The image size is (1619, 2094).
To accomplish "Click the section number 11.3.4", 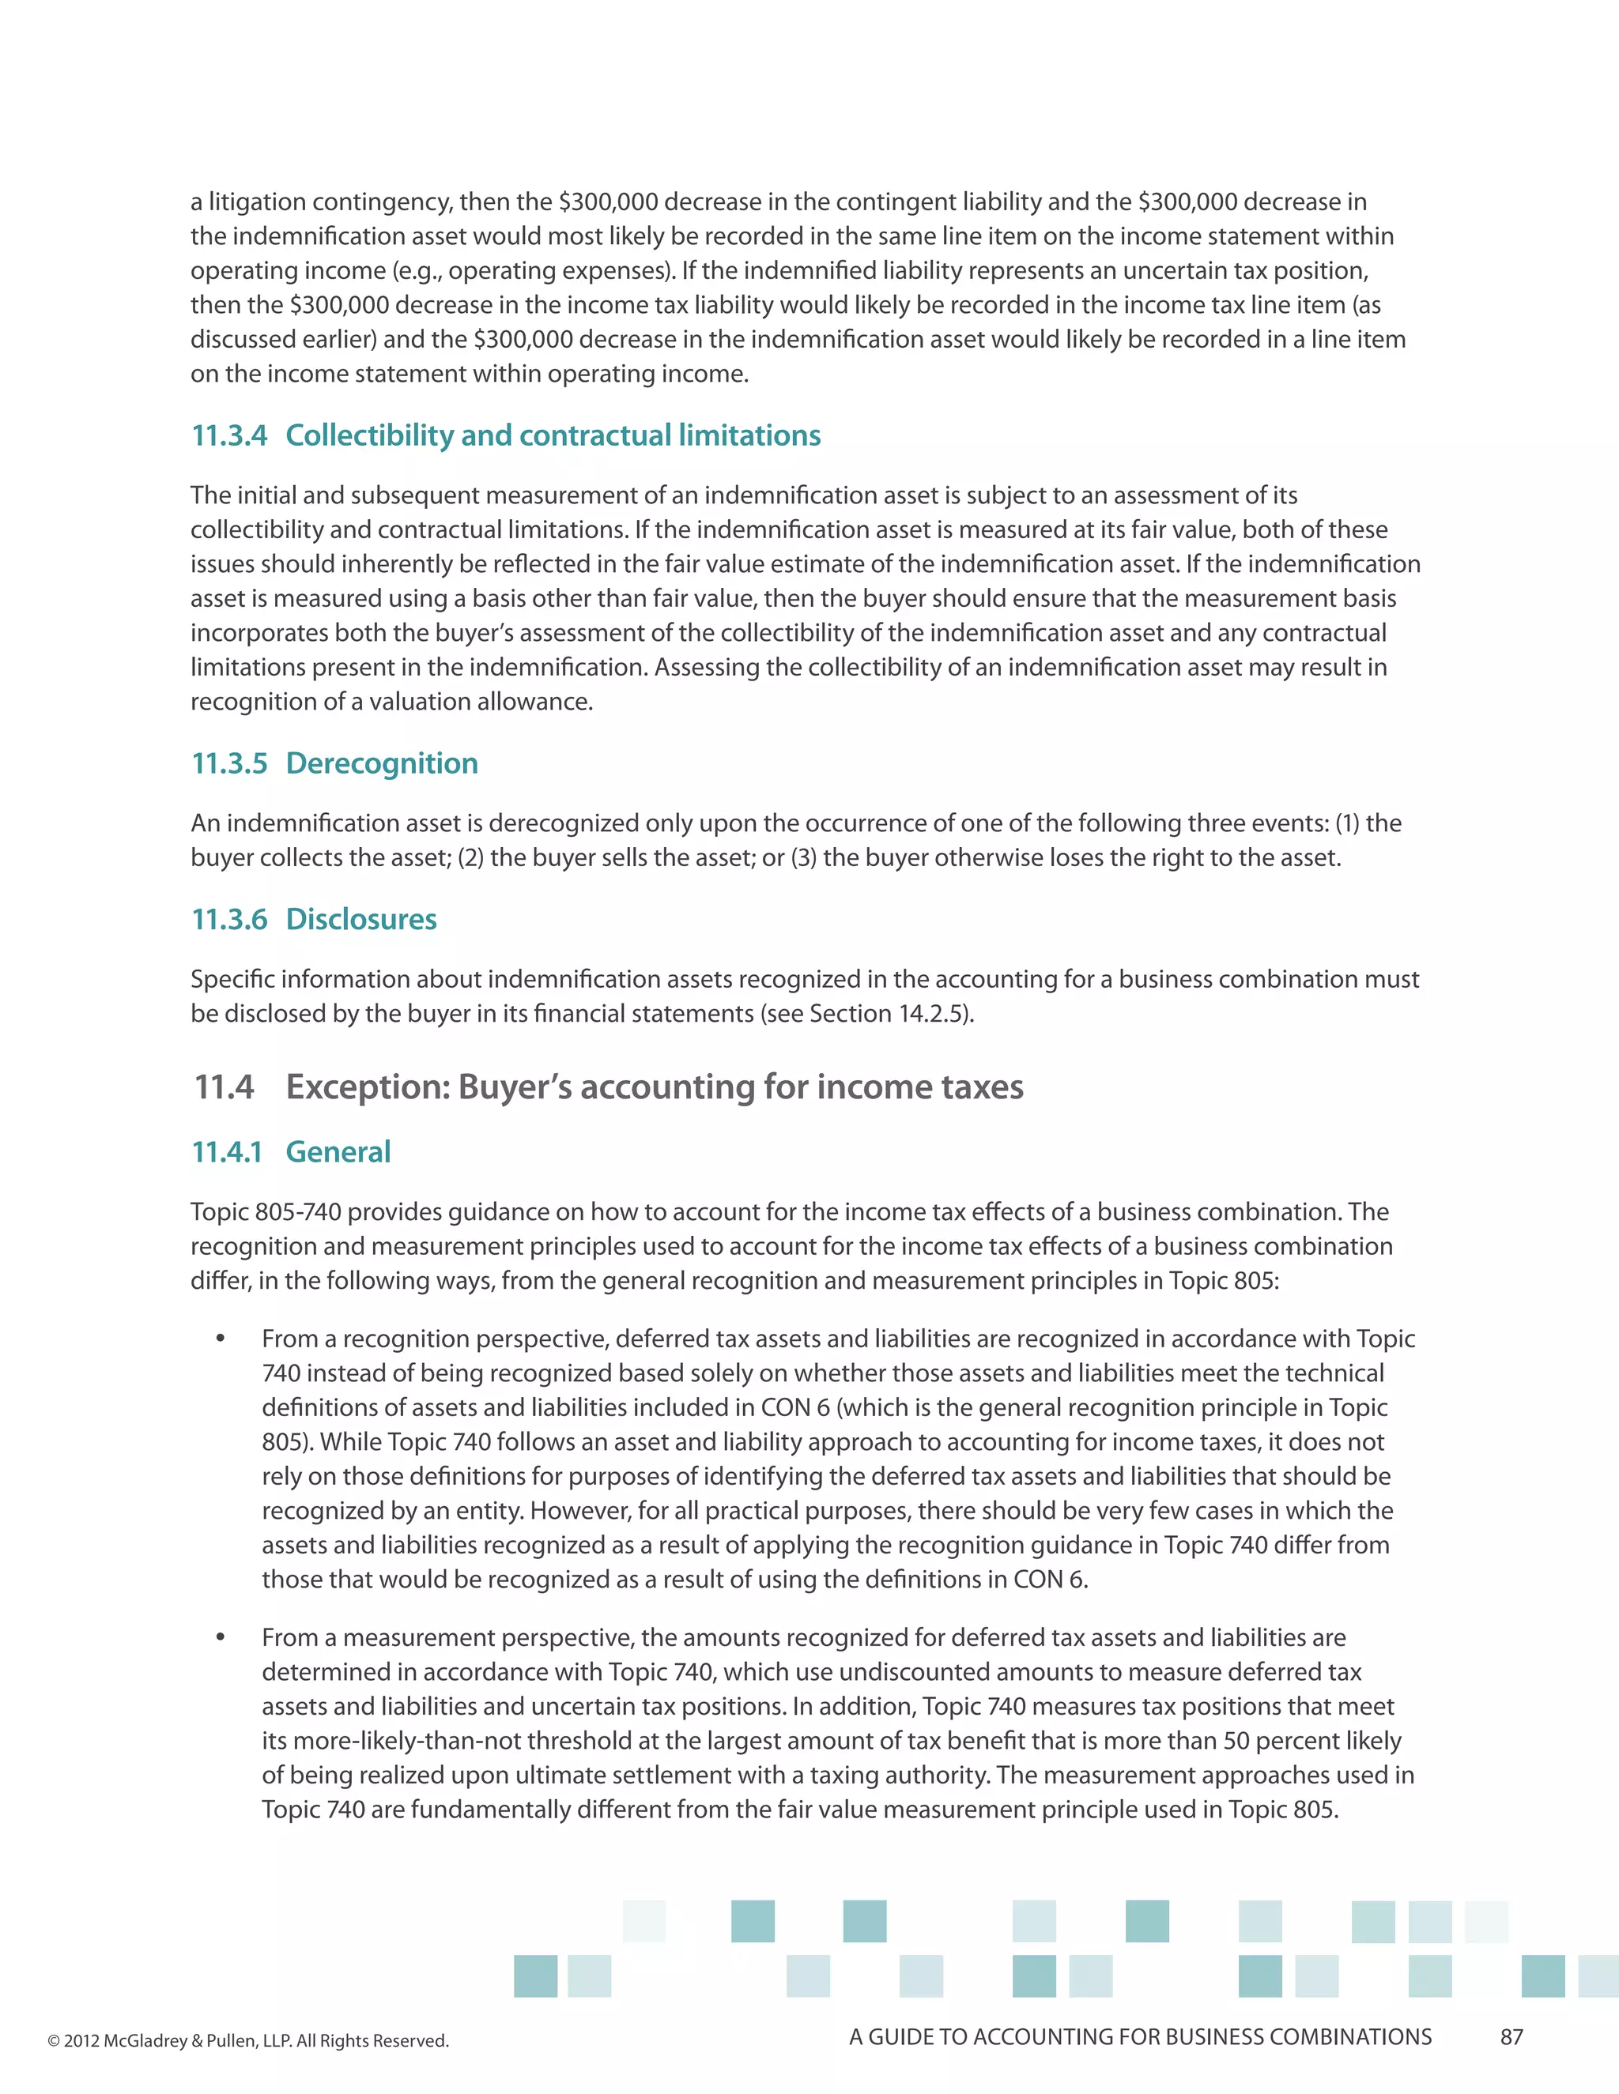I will click(x=229, y=435).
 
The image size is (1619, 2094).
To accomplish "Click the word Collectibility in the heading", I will click(x=369, y=435).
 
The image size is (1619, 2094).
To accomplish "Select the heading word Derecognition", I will click(x=382, y=763).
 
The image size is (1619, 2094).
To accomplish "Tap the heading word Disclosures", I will click(x=360, y=920).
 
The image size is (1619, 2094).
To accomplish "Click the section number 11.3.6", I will click(x=229, y=920).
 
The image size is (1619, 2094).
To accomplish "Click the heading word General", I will click(x=338, y=1151).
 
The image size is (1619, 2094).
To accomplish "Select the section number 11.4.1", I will click(x=226, y=1151).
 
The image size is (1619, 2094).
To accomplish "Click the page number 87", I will click(x=1511, y=2037).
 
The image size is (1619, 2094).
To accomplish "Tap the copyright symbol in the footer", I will click(x=54, y=2041).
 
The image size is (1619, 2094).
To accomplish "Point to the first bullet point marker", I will click(x=221, y=1339).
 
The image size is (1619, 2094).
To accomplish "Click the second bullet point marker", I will click(x=221, y=1637).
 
